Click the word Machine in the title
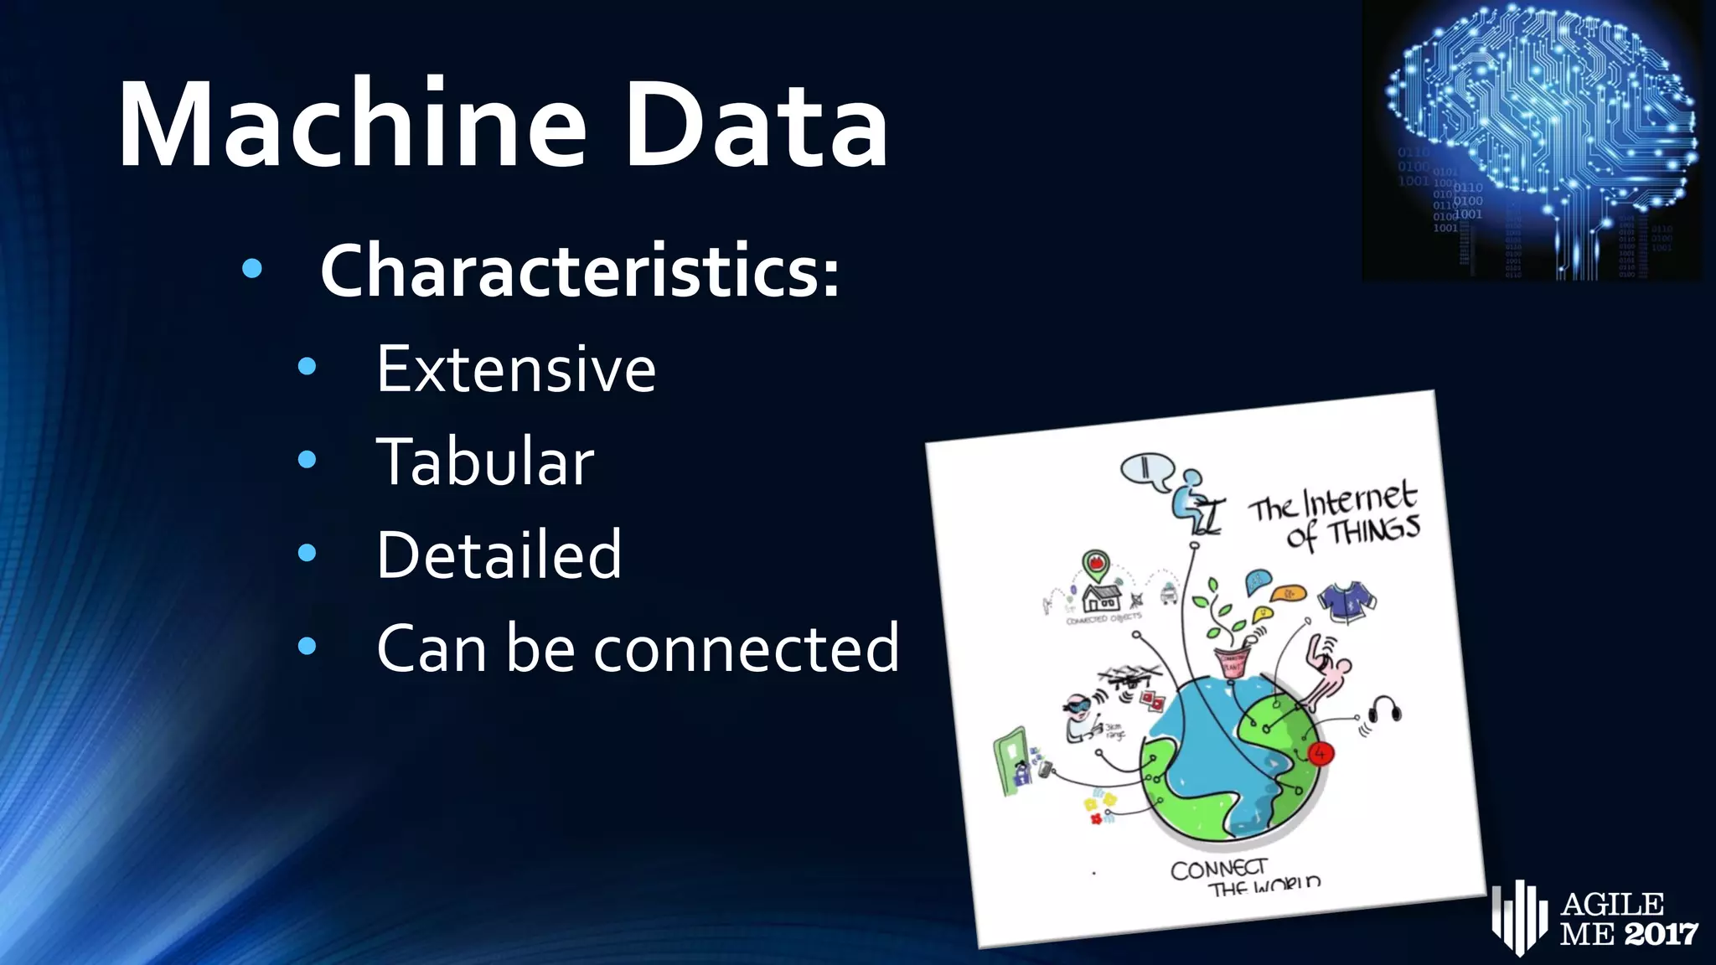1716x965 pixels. [352, 126]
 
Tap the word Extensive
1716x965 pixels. [515, 369]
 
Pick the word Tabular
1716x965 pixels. [485, 462]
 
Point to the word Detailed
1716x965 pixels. [499, 555]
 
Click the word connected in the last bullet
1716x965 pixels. [747, 648]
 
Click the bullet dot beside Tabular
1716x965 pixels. [308, 459]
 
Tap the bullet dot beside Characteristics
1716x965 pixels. [251, 269]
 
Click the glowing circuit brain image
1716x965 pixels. [1533, 141]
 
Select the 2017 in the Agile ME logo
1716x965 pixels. [1662, 933]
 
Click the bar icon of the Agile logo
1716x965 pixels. [1518, 917]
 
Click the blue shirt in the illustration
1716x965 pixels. [1346, 601]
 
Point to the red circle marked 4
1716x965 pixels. [1321, 753]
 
